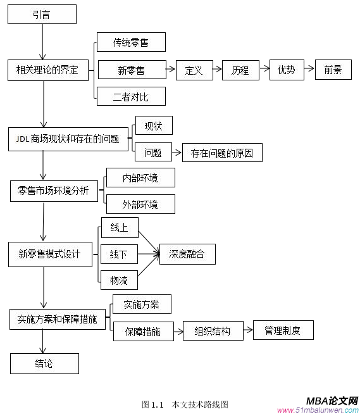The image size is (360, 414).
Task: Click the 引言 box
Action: [x=43, y=14]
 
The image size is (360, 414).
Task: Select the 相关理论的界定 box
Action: [x=47, y=70]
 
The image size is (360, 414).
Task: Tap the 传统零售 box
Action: [x=131, y=42]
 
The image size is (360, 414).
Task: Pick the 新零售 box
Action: [x=131, y=70]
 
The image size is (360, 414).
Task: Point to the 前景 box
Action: [x=333, y=70]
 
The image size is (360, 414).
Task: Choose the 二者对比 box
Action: [x=131, y=96]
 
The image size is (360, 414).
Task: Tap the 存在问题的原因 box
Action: [x=221, y=153]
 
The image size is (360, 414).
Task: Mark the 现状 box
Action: [x=153, y=125]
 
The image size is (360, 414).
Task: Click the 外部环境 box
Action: [x=140, y=204]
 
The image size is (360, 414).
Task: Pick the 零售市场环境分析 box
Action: [x=54, y=191]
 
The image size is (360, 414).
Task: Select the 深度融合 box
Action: [x=187, y=254]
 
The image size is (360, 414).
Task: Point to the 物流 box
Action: [x=119, y=280]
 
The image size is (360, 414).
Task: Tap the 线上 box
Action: [x=119, y=227]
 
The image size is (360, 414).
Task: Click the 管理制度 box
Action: [x=283, y=330]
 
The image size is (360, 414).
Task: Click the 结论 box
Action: [x=44, y=363]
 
